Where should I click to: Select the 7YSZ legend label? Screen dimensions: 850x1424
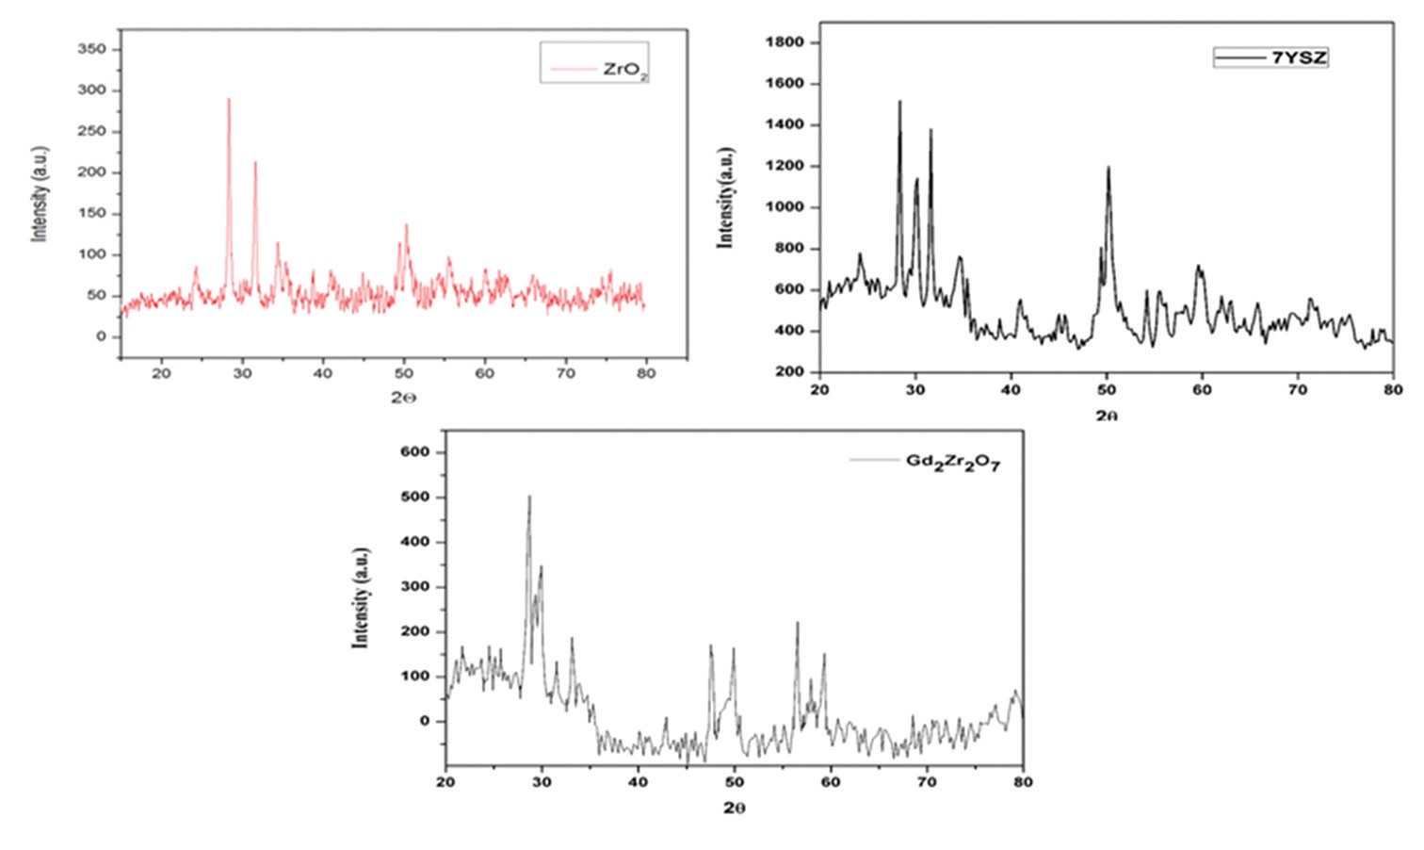pyautogui.click(x=1300, y=57)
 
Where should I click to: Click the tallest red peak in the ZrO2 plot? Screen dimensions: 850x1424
pyautogui.click(x=229, y=100)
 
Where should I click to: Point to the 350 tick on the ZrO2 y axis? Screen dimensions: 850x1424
pyautogui.click(x=99, y=49)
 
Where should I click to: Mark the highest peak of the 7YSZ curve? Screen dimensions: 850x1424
pyautogui.click(x=899, y=102)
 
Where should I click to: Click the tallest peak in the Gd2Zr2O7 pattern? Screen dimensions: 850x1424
pyautogui.click(x=529, y=497)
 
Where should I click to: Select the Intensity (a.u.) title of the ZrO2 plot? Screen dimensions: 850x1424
pyautogui.click(x=40, y=193)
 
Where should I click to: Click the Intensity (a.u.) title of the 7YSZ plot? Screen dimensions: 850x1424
pyautogui.click(x=725, y=198)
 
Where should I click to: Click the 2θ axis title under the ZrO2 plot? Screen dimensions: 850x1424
pyautogui.click(x=403, y=398)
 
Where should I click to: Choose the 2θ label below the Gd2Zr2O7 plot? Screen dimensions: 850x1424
pyautogui.click(x=735, y=809)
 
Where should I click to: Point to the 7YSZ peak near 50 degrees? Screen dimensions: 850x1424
pyautogui.click(x=1108, y=168)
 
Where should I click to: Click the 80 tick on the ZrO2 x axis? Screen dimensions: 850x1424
pyautogui.click(x=645, y=373)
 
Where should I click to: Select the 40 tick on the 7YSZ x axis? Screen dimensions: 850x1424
pyautogui.click(x=1011, y=389)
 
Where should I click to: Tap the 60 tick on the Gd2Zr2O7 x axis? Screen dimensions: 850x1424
pyautogui.click(x=831, y=782)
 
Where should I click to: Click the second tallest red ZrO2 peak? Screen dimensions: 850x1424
pyautogui.click(x=255, y=163)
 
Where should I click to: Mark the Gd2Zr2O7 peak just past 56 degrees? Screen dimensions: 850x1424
pyautogui.click(x=797, y=623)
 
